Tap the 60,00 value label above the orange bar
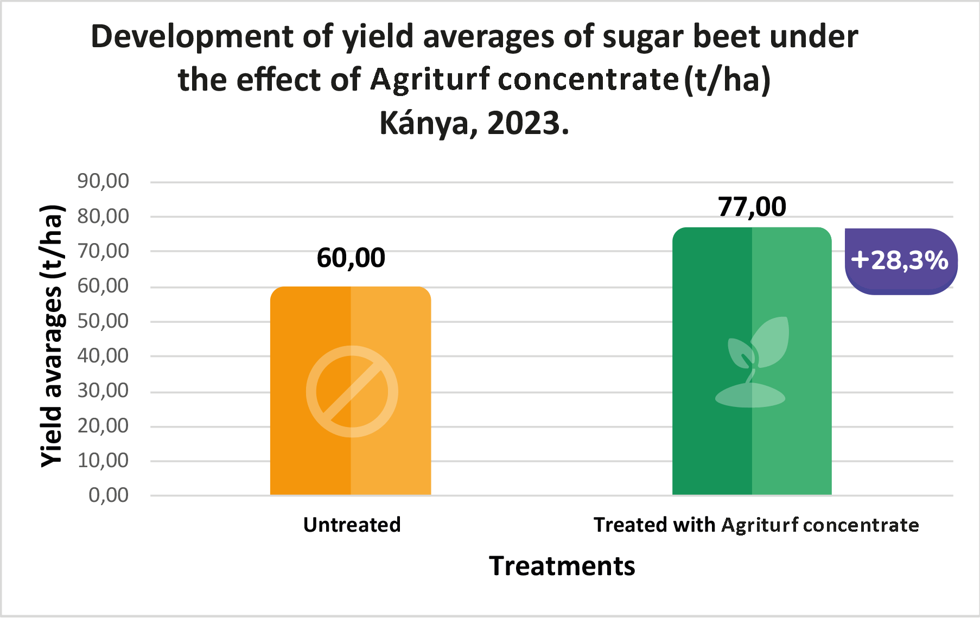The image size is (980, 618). [351, 258]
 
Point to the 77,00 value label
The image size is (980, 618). [752, 207]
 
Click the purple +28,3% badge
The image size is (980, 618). [900, 261]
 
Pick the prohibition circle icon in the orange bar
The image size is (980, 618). [352, 391]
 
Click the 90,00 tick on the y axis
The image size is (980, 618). [103, 181]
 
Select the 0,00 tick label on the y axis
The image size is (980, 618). [109, 495]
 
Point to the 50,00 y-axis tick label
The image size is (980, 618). [103, 321]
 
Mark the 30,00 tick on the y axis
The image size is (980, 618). [103, 391]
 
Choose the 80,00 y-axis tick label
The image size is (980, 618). [103, 216]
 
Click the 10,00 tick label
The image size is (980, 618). [103, 460]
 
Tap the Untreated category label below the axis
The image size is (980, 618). [352, 525]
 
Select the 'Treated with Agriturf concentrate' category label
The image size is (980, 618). [756, 525]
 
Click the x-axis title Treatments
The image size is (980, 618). [562, 566]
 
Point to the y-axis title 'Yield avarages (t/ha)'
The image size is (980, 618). [53, 336]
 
